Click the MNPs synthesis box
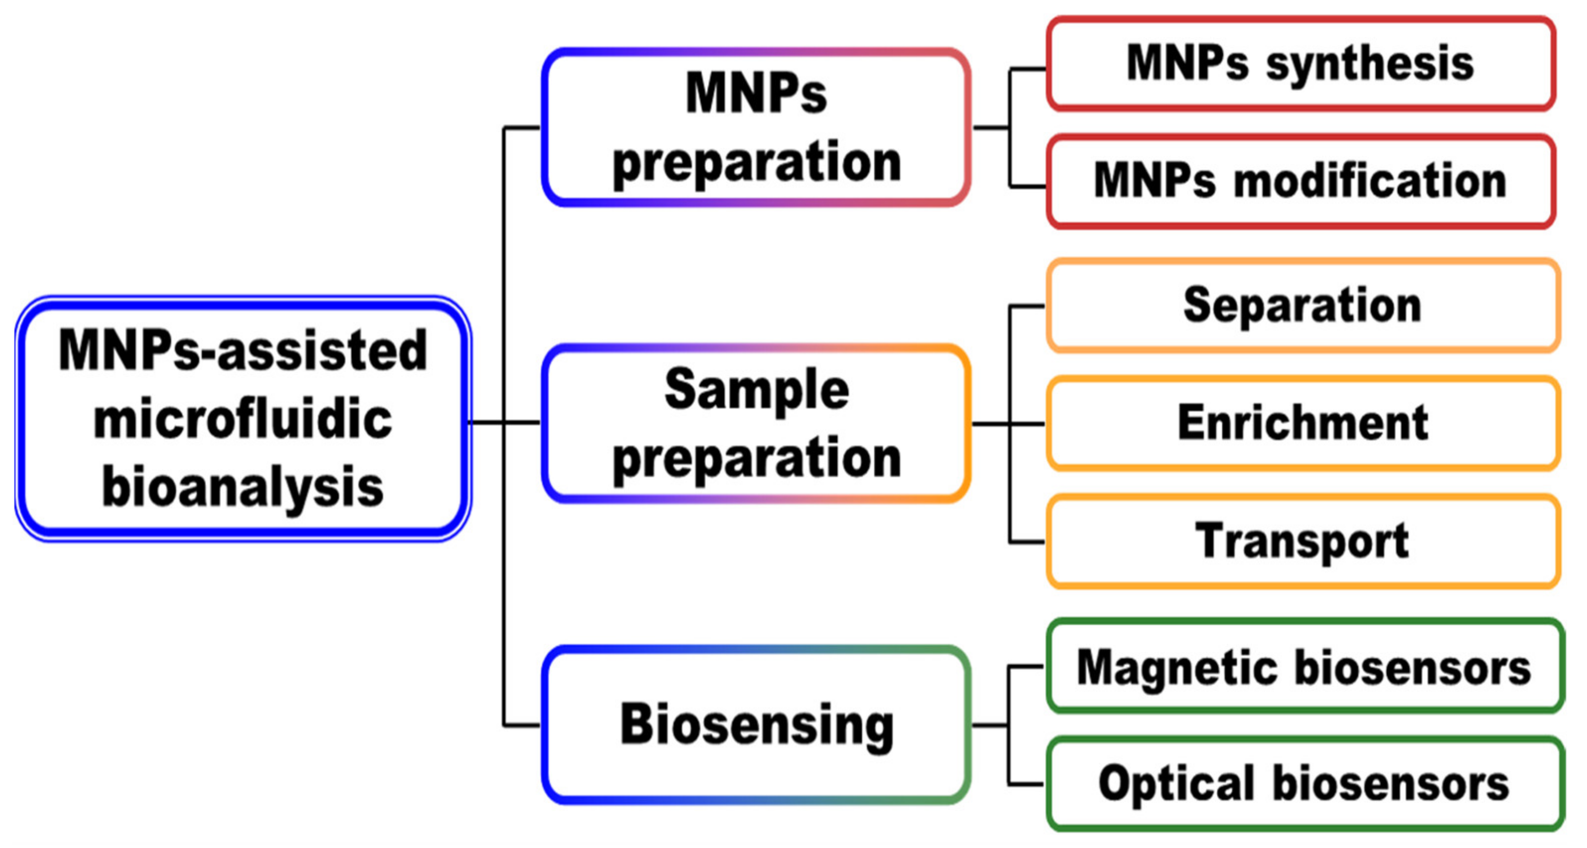click(1300, 64)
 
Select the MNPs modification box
click(1300, 182)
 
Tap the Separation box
click(1302, 305)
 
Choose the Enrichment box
click(1302, 424)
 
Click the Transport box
click(1302, 542)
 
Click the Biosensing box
click(757, 725)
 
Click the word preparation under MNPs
click(757, 163)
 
